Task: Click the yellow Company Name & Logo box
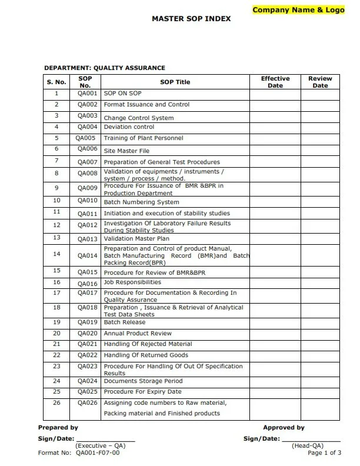pos(301,10)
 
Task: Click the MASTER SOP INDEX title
pos(191,19)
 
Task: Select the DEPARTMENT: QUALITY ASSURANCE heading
pos(105,68)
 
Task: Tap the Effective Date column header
pos(275,82)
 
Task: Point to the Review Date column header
pos(320,82)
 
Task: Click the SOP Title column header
pos(175,82)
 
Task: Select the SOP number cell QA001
pos(87,94)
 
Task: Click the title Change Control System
pos(138,118)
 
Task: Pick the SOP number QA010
pos(87,201)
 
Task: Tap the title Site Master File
pos(126,151)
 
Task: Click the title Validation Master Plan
pos(136,239)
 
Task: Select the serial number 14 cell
pos(56,254)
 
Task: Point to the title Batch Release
pos(120,322)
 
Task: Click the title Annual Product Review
pos(138,334)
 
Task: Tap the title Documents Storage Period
pos(143,381)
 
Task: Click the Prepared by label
pos(58,428)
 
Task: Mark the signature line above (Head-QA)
pos(311,440)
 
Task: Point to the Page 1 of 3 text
pos(324,452)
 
